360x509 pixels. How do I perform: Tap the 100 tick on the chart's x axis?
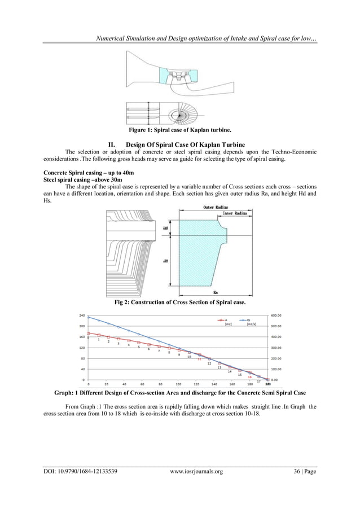[x=178, y=384]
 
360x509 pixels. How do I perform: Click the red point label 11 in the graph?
[x=199, y=359]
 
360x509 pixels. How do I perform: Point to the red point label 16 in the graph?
[x=249, y=376]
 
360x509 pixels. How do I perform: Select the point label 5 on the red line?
[x=138, y=346]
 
